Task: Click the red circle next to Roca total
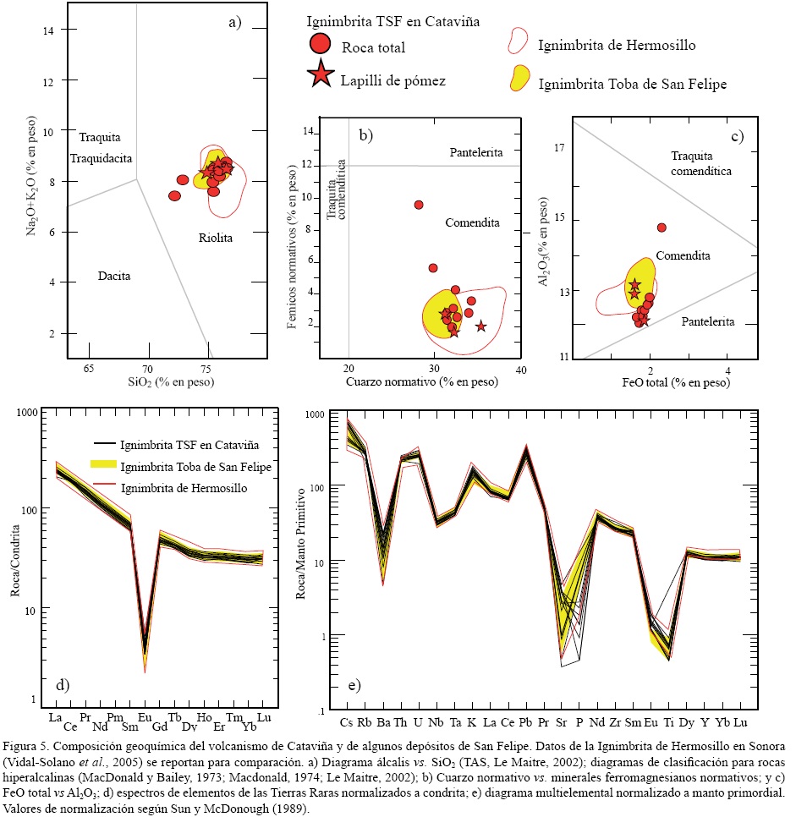click(320, 43)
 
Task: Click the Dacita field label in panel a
click(114, 276)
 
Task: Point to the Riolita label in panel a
click(216, 238)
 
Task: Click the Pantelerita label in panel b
click(476, 152)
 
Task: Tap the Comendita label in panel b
click(472, 222)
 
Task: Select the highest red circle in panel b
click(418, 205)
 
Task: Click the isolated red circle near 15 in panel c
click(662, 228)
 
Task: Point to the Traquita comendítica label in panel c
click(700, 163)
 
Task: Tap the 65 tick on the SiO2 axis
click(89, 369)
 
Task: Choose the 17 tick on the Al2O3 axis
click(558, 149)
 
